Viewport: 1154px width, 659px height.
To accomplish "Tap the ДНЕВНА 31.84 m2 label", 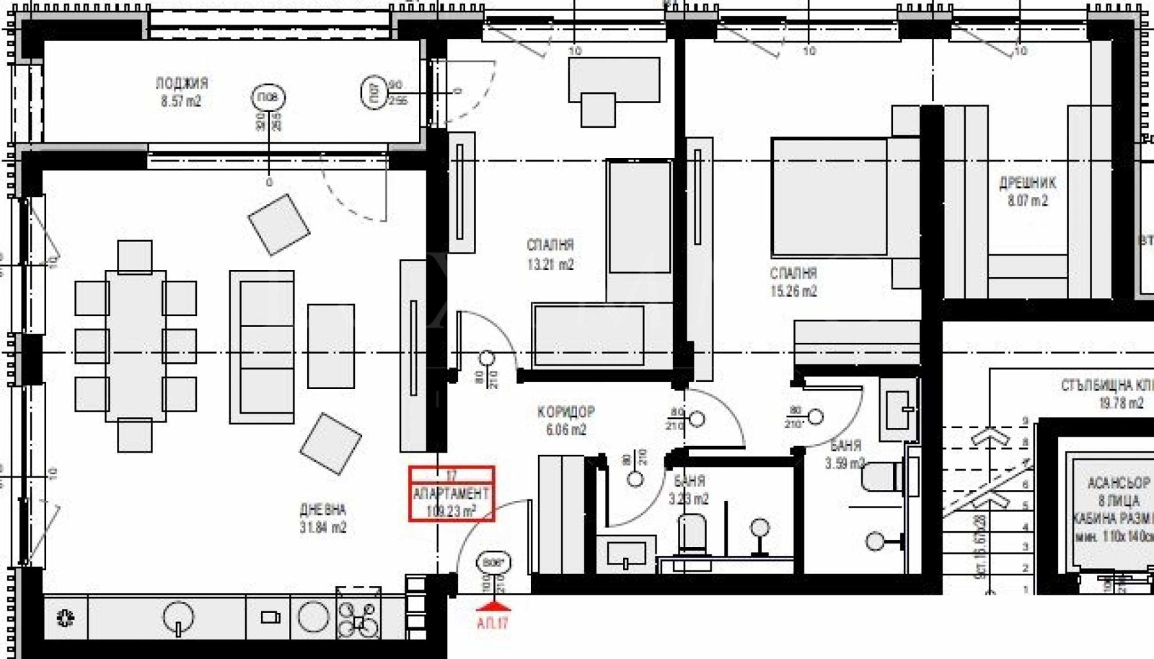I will pyautogui.click(x=323, y=518).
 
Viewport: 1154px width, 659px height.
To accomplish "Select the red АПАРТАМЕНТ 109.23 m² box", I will pyautogui.click(x=452, y=494).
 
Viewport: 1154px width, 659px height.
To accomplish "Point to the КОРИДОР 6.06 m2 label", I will pyautogui.click(x=566, y=421).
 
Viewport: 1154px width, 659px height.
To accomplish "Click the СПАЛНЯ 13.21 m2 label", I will pyautogui.click(x=550, y=255).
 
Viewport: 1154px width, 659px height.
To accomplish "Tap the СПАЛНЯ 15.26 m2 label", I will pyautogui.click(x=793, y=282).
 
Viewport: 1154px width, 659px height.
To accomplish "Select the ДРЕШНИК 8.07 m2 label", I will pyautogui.click(x=1028, y=191).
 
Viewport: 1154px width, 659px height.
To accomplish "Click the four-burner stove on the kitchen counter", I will pyautogui.click(x=358, y=619).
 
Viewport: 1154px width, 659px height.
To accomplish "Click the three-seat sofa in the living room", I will pyautogui.click(x=262, y=346).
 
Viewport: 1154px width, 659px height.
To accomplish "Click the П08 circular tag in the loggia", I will pyautogui.click(x=268, y=97).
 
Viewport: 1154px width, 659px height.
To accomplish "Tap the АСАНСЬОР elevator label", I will pyautogui.click(x=1119, y=482).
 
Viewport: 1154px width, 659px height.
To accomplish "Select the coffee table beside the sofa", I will pyautogui.click(x=331, y=346).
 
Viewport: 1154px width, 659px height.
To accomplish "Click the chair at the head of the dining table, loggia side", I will pyautogui.click(x=135, y=257).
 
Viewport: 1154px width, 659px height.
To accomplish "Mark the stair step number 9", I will pyautogui.click(x=1025, y=422).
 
